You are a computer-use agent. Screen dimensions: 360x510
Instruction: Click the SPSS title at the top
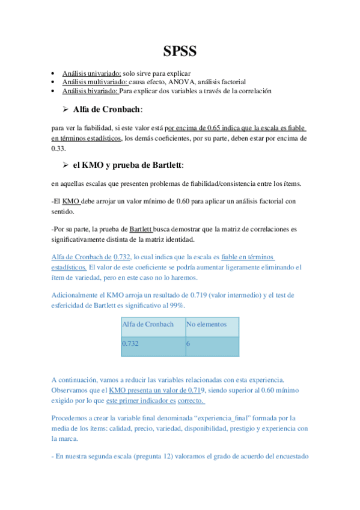pos(180,51)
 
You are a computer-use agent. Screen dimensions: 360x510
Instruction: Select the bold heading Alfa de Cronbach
pos(108,109)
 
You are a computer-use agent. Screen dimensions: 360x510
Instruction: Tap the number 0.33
pos(59,147)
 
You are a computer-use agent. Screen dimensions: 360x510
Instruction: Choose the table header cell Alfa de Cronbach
pos(148,325)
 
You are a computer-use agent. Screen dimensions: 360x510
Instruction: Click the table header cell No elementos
pos(207,325)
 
